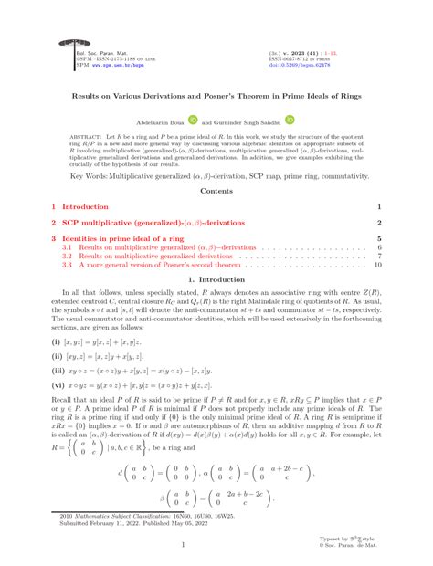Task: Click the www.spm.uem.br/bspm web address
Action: [x=107, y=67]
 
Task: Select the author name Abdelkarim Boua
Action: [x=161, y=121]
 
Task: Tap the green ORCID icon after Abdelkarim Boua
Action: [x=193, y=120]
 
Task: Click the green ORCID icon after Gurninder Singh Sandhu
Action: [x=290, y=120]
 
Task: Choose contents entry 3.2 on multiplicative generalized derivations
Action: [x=155, y=256]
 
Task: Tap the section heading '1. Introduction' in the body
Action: [x=216, y=278]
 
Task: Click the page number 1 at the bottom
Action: [x=216, y=546]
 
